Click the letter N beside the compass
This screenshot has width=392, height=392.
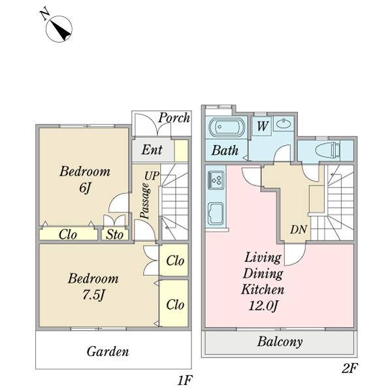(x=45, y=15)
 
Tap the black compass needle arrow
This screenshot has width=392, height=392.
(x=61, y=31)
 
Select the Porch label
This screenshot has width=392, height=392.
(x=174, y=118)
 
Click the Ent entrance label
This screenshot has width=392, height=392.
(x=152, y=150)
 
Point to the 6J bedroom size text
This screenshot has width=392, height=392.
(x=84, y=188)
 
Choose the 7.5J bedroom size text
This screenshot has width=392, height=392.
(x=93, y=295)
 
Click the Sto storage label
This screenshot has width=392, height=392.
(x=115, y=235)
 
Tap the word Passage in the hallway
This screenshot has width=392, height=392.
(x=146, y=201)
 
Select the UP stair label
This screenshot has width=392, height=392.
(x=152, y=176)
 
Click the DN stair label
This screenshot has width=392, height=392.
(x=299, y=229)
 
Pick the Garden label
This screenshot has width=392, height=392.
(x=108, y=351)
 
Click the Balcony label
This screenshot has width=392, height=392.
(x=280, y=342)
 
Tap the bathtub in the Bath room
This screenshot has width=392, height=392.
(x=227, y=127)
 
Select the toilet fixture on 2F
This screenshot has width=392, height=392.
(x=328, y=150)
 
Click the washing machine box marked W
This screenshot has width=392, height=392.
(x=261, y=125)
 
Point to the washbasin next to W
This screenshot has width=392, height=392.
(x=284, y=123)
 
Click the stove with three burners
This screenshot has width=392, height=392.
(x=216, y=180)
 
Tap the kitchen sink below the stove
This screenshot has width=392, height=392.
(x=216, y=213)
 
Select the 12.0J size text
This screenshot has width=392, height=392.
(x=263, y=306)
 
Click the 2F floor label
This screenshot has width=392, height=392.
(x=350, y=368)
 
